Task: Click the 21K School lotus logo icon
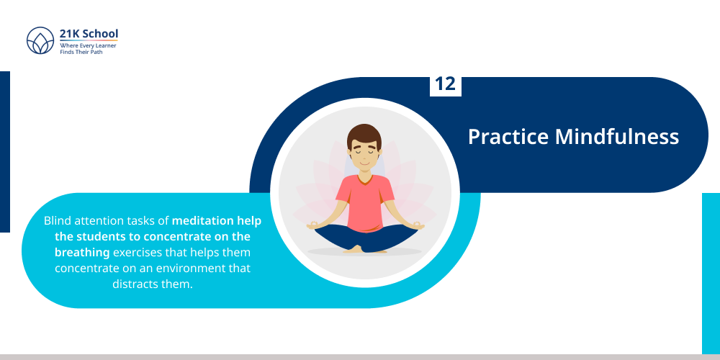(40, 40)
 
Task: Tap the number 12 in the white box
(446, 84)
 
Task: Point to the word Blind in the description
(58, 220)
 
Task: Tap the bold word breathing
(82, 252)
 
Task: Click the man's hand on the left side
(314, 226)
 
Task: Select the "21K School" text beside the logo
(89, 34)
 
